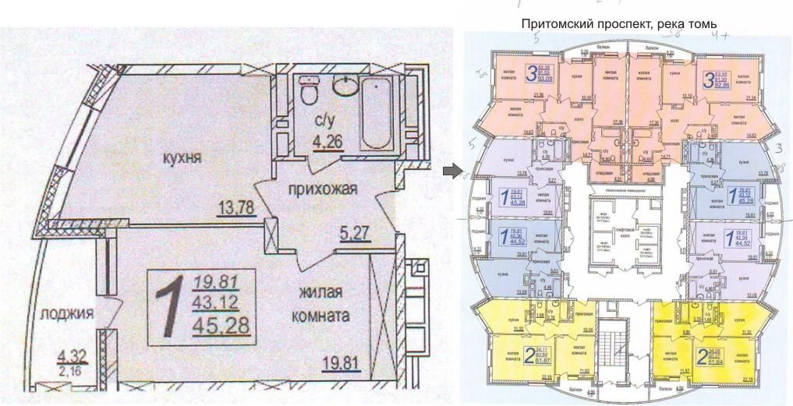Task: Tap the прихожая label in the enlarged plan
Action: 321,189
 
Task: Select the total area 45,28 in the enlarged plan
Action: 225,323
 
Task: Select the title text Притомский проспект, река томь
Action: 618,24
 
